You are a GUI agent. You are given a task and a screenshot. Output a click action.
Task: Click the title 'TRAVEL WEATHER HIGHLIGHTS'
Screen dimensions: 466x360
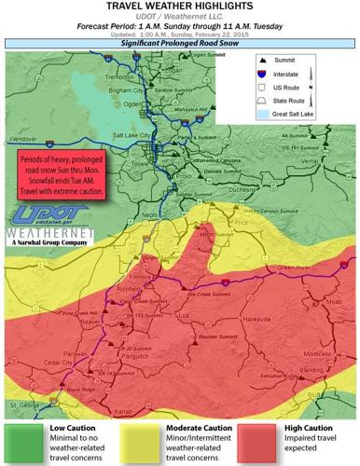tap(179, 7)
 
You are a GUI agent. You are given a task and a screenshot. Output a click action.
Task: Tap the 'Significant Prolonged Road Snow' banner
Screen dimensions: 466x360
tap(179, 43)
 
